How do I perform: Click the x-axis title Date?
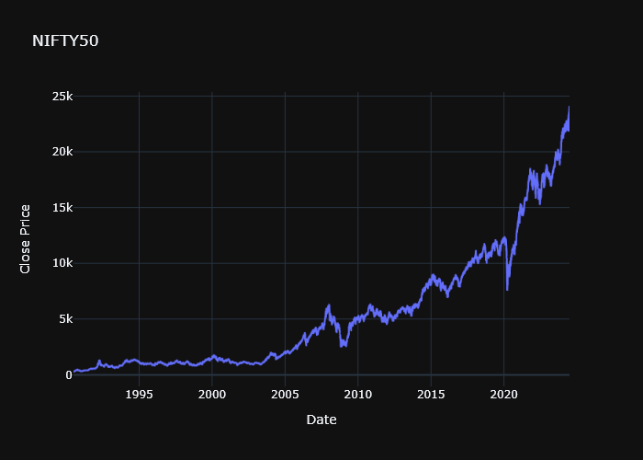(321, 420)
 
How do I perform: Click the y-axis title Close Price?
(26, 238)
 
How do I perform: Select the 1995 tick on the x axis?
(139, 394)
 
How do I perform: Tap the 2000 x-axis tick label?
(212, 394)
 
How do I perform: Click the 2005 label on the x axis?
(285, 394)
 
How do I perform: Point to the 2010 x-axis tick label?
(357, 394)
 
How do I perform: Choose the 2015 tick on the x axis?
(431, 394)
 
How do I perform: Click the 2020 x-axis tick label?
(503, 394)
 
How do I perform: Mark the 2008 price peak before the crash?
(329, 305)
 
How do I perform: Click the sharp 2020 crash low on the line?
(507, 290)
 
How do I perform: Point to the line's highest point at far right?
(569, 108)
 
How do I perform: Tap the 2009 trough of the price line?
(343, 347)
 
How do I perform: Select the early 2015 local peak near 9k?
(433, 274)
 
